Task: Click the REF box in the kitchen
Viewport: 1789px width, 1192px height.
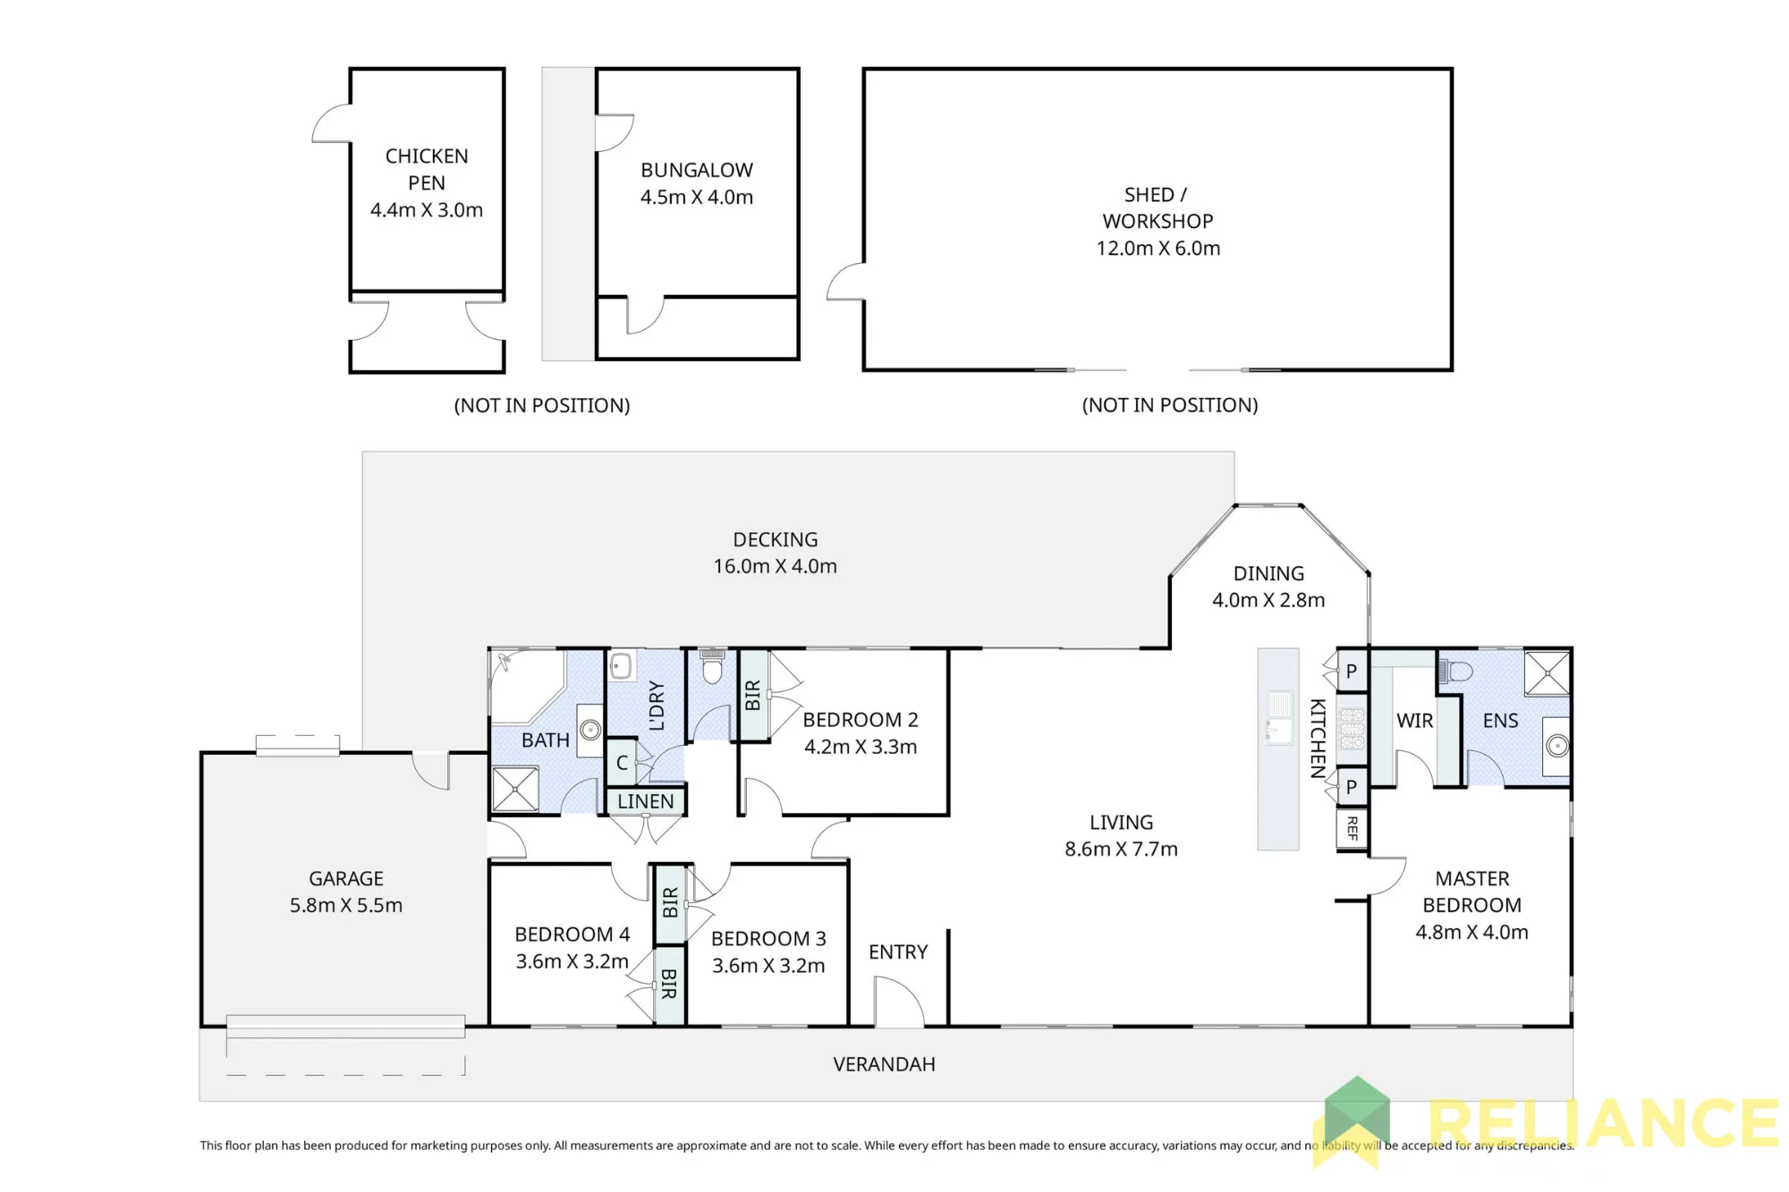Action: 1352,829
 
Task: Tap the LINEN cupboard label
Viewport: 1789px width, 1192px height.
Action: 646,801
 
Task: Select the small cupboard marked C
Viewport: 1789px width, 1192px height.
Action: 622,763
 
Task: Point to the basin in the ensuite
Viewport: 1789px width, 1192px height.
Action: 1557,745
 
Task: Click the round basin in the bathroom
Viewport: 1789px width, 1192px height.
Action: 590,730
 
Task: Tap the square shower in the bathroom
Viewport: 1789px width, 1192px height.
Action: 515,789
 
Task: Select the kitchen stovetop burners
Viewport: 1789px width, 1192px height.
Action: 1352,729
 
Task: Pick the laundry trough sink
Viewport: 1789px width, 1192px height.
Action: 621,666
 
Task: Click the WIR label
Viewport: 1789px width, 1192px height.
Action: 1414,721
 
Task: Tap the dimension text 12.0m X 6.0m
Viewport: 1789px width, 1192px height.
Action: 1158,248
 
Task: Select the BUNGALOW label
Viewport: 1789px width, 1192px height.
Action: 697,170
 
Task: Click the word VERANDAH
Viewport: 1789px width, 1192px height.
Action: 884,1064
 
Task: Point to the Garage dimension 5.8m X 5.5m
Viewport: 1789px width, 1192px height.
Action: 346,905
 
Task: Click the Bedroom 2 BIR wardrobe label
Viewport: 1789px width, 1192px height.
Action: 753,696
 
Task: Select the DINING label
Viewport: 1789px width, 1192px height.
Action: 1268,573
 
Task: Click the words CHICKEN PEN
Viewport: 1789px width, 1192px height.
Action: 427,169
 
